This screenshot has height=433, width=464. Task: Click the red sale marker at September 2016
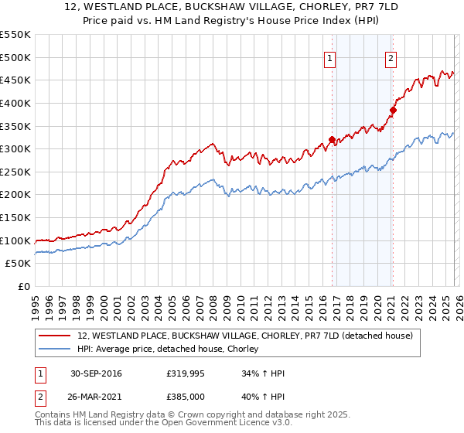[x=332, y=140]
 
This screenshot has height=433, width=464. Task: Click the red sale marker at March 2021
[x=393, y=110]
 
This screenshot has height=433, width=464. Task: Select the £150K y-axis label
[x=15, y=217]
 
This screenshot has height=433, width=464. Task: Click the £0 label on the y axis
[x=23, y=286]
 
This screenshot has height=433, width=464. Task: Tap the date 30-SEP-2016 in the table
[x=96, y=373]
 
